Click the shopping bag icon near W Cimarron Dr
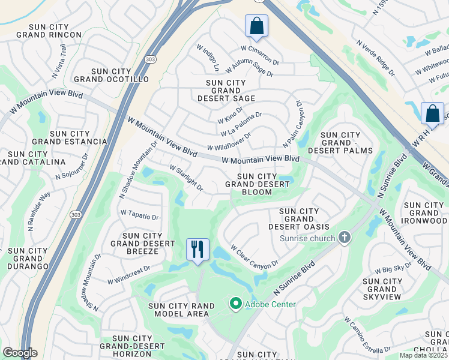pyautogui.click(x=256, y=26)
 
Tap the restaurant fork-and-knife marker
pyautogui.click(x=197, y=249)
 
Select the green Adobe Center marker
pyautogui.click(x=235, y=304)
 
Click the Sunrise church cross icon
pyautogui.click(x=345, y=238)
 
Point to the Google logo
pyautogui.click(x=20, y=353)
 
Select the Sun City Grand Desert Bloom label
pyautogui.click(x=257, y=184)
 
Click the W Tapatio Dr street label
pyautogui.click(x=139, y=215)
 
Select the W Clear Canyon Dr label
pyautogui.click(x=255, y=256)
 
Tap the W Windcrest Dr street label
pyautogui.click(x=128, y=277)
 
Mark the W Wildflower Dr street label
pyautogui.click(x=228, y=141)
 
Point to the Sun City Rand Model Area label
pyautogui.click(x=184, y=310)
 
